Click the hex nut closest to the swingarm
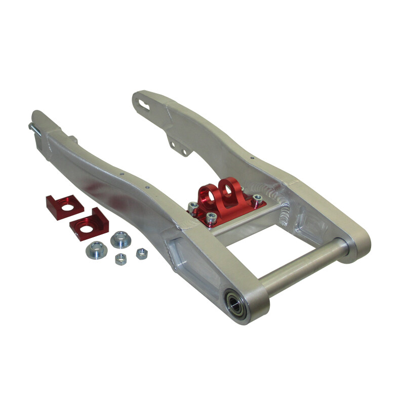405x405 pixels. tap(142, 254)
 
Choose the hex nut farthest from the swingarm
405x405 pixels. tap(120, 259)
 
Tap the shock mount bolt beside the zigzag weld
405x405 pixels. tap(257, 199)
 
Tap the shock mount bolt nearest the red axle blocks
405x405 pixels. tap(192, 207)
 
